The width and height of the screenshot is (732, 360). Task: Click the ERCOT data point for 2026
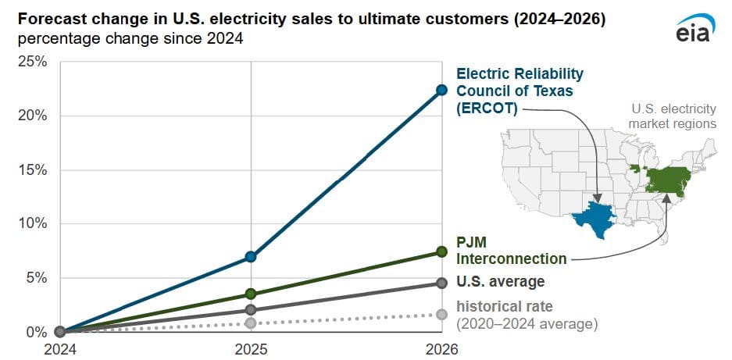[441, 90]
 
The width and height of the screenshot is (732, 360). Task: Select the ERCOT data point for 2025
[250, 256]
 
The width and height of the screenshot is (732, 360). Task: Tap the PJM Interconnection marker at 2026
[441, 251]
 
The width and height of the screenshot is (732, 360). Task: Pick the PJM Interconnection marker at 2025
[250, 294]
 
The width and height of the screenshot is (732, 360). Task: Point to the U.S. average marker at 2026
[441, 283]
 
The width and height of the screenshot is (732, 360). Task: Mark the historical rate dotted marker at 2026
[441, 314]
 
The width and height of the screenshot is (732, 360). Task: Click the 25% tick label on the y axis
[31, 62]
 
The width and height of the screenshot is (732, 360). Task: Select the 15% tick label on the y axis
[31, 170]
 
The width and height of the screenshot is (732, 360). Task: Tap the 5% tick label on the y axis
[34, 278]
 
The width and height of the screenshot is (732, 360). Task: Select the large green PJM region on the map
[670, 180]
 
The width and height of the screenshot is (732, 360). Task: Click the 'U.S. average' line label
[500, 281]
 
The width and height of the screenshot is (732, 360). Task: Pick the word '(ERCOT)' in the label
[487, 109]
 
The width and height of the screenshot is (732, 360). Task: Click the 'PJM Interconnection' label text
[511, 250]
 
